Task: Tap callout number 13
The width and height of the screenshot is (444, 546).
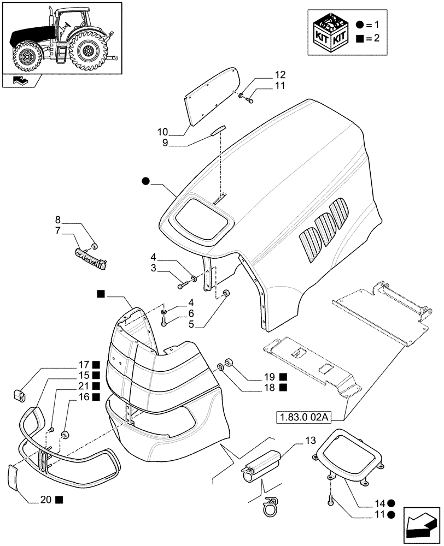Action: pyautogui.click(x=310, y=440)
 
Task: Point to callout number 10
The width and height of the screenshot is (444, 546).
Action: pyautogui.click(x=163, y=132)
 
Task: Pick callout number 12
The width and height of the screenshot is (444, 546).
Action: pyautogui.click(x=280, y=74)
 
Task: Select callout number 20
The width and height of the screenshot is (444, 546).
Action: pyautogui.click(x=44, y=499)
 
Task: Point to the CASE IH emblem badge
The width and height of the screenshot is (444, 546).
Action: pyautogui.click(x=90, y=257)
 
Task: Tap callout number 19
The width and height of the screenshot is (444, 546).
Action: pyautogui.click(x=268, y=377)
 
